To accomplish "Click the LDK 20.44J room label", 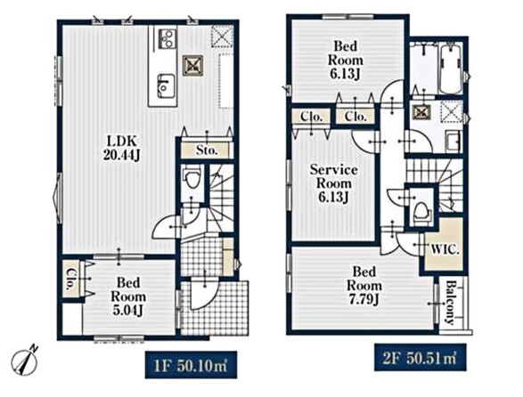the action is [121, 148].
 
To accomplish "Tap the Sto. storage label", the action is [207, 150].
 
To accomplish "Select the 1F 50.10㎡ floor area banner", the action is [191, 365].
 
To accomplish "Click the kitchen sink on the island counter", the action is [165, 86].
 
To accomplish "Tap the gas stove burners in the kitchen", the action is [167, 38].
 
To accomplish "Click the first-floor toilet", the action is [192, 178].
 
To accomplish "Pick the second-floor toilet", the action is [421, 211].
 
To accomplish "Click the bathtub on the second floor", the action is [450, 69].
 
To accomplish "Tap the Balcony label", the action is [451, 303].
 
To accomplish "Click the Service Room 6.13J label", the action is [334, 183].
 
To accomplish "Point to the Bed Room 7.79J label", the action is [364, 286].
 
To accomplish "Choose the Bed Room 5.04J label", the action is [128, 296].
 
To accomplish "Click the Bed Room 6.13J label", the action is [345, 61].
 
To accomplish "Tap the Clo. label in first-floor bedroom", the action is [70, 279].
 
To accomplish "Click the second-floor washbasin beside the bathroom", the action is [454, 141].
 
